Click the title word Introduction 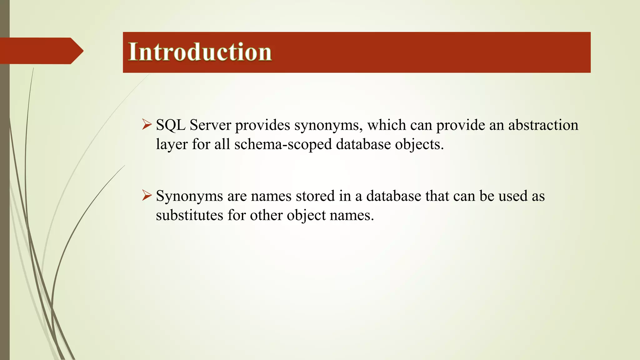(x=200, y=52)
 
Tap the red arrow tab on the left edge (x=41, y=51)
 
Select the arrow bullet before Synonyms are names (x=146, y=195)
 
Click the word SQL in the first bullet (x=170, y=125)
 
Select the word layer (x=172, y=145)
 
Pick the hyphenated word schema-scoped (x=283, y=145)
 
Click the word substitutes (x=189, y=215)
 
